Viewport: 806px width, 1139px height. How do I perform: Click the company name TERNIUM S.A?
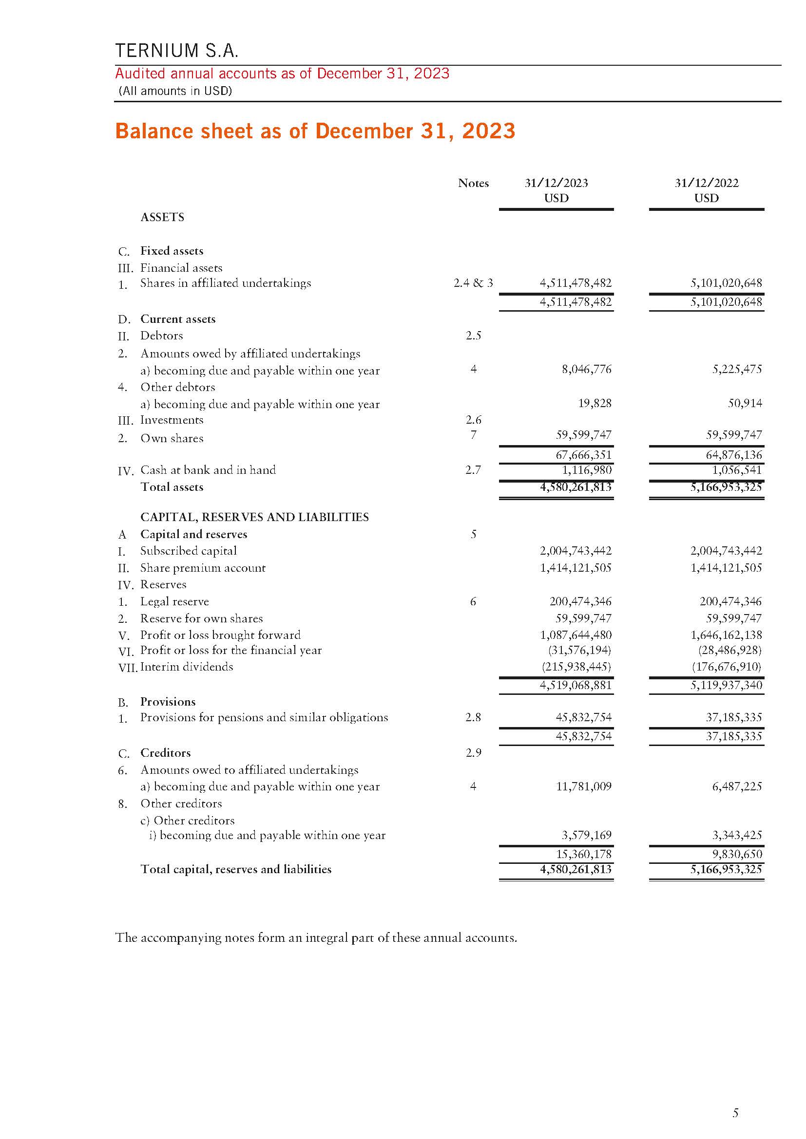(177, 51)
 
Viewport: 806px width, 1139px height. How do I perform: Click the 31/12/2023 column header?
(556, 183)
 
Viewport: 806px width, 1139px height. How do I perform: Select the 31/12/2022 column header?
(706, 183)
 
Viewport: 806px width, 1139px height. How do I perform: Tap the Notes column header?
(473, 183)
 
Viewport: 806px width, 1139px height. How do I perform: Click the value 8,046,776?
(586, 369)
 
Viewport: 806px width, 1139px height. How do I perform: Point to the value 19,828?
(594, 403)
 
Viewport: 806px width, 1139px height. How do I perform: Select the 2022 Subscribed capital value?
(726, 551)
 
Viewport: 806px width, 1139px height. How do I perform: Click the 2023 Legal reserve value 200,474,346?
(580, 601)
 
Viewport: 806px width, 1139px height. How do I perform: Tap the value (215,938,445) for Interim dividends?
(576, 667)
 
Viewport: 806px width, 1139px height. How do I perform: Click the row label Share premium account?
(203, 568)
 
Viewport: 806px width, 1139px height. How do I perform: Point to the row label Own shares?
(172, 439)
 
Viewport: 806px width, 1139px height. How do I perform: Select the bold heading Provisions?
(168, 701)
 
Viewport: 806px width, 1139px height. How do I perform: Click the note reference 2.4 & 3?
(473, 283)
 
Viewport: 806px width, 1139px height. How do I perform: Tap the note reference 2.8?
(473, 717)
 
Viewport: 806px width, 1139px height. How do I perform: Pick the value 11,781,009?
(583, 786)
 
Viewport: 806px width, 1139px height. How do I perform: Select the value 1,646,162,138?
(726, 635)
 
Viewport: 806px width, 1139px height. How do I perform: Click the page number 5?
(735, 1113)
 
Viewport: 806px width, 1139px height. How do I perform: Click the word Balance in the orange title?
(154, 131)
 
